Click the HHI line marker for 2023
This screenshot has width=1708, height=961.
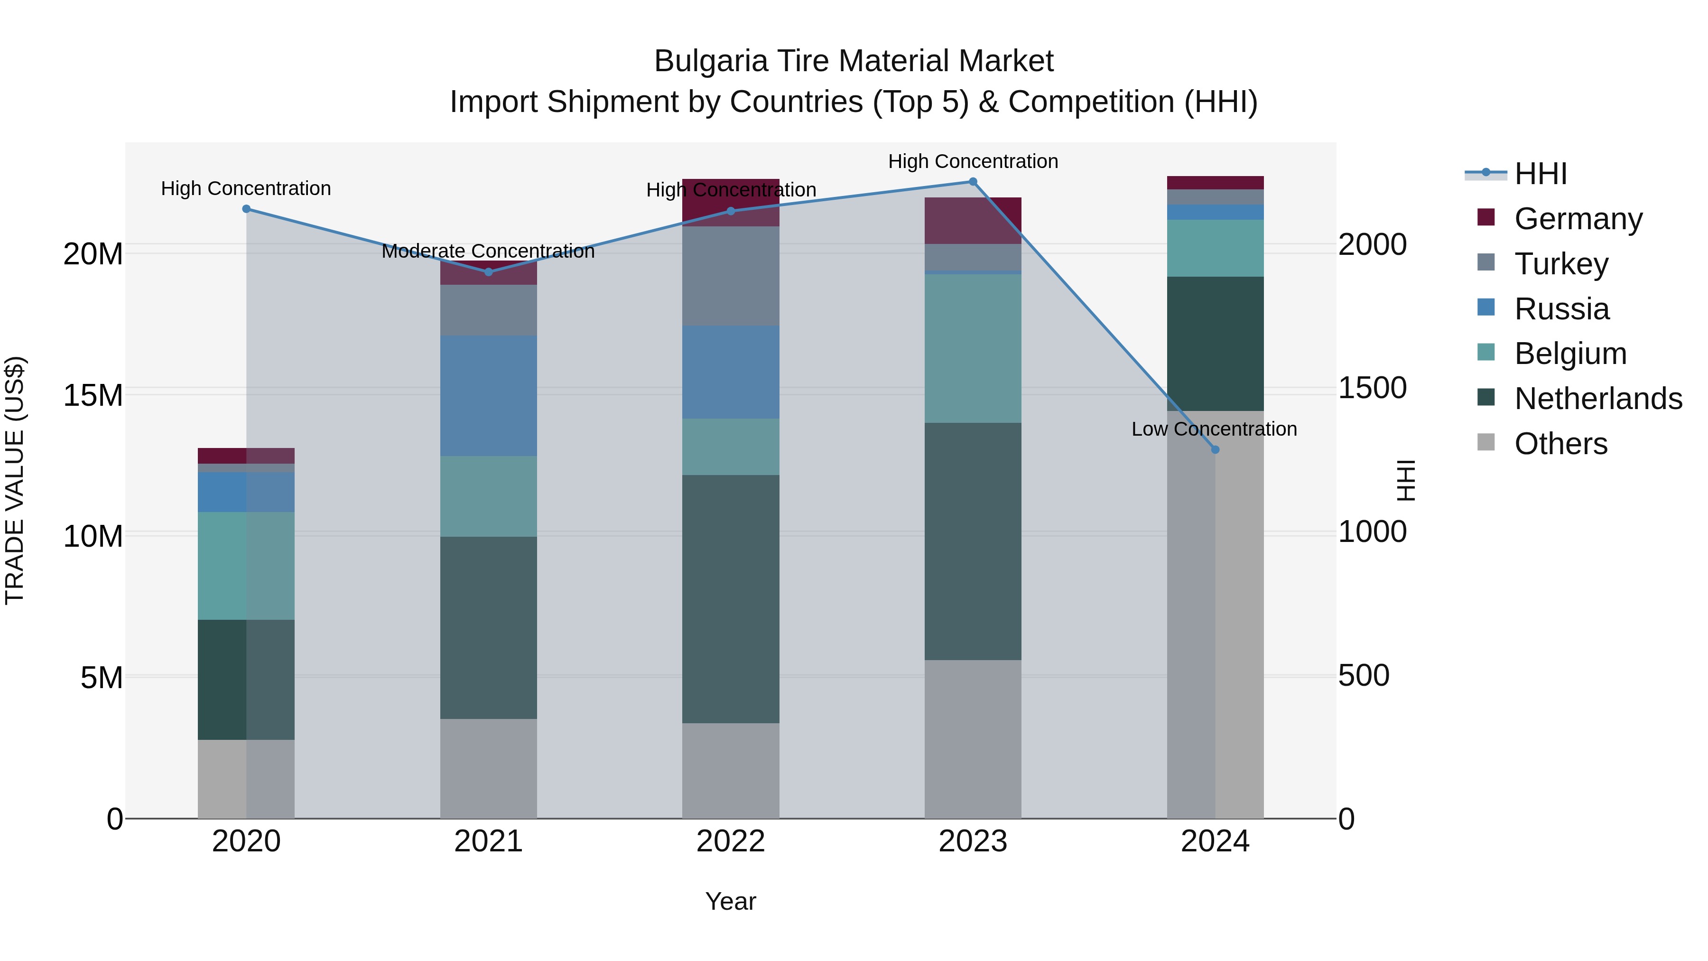click(x=973, y=182)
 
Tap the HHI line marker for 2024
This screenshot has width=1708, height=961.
click(x=1215, y=450)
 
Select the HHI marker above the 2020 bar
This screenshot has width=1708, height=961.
click(x=246, y=209)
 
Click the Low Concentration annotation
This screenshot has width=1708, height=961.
click(x=1214, y=429)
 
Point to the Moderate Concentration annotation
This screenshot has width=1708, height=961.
click(x=488, y=252)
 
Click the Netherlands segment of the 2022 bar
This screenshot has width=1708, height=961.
click(x=731, y=598)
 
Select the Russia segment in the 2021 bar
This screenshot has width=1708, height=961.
click(x=488, y=396)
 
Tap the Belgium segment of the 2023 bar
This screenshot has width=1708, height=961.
click(x=973, y=348)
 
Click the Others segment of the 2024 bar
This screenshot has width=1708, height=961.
click(x=1215, y=614)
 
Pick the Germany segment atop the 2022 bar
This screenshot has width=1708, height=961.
click(x=731, y=202)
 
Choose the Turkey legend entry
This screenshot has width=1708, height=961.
click(x=1560, y=264)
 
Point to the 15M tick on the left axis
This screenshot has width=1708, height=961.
click(x=93, y=395)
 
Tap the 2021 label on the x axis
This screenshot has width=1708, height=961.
click(x=488, y=841)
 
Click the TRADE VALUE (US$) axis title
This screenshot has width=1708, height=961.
click(x=15, y=480)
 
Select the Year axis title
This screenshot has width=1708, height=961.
click(x=730, y=901)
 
